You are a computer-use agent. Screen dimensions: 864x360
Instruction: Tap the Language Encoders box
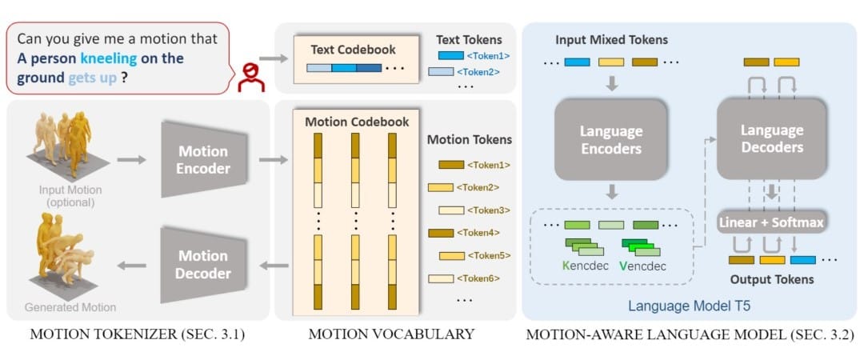tap(610, 139)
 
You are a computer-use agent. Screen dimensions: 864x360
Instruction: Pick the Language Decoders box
tap(771, 139)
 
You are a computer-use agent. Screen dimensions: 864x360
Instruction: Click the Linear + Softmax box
tap(771, 222)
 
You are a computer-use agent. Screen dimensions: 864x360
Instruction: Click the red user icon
tap(250, 77)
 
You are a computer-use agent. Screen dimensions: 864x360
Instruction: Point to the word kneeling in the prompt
tap(109, 59)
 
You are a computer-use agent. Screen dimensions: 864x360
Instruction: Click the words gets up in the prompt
tap(93, 78)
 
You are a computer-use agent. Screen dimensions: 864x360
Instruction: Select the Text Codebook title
tap(354, 50)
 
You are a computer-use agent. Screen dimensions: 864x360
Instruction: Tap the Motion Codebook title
tap(357, 122)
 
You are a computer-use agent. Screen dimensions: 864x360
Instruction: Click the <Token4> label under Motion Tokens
tap(478, 233)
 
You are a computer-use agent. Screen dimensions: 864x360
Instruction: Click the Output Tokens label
tap(772, 279)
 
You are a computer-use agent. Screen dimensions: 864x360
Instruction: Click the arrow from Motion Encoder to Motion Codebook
tap(274, 160)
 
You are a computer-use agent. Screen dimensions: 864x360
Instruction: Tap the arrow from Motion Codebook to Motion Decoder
tap(274, 266)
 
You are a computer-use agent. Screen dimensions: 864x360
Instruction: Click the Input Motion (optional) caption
tap(70, 196)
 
